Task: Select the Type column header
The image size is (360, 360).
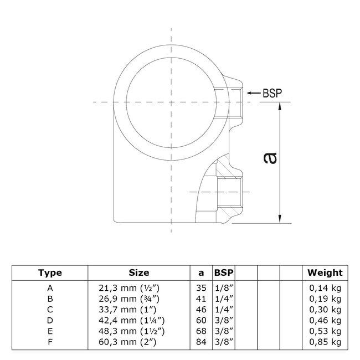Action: tap(50, 272)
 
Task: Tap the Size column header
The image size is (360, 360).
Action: tap(138, 272)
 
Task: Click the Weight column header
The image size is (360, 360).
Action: tap(326, 272)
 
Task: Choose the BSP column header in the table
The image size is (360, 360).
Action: tap(224, 272)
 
